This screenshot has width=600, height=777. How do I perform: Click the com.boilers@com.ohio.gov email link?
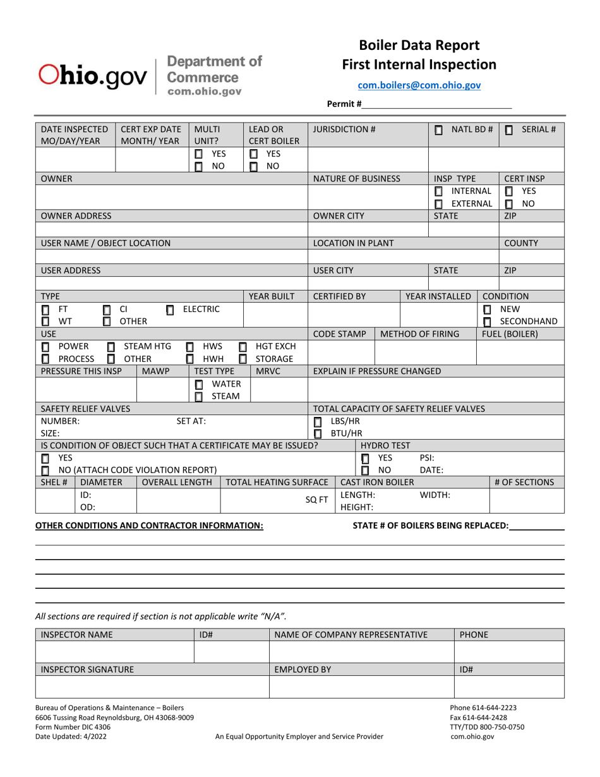(x=419, y=85)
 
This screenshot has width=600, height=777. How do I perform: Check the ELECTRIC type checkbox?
(x=170, y=310)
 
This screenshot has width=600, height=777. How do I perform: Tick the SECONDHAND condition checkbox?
(x=487, y=322)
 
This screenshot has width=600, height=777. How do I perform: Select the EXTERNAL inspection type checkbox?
(x=439, y=203)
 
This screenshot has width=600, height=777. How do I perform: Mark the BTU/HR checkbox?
(x=318, y=433)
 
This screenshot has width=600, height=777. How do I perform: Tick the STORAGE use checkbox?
(x=243, y=359)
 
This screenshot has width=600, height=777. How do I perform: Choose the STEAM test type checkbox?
(x=199, y=396)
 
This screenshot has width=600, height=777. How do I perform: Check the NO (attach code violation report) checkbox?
(x=45, y=471)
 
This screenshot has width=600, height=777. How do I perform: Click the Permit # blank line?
(x=436, y=104)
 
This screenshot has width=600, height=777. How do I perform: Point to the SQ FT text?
(x=321, y=500)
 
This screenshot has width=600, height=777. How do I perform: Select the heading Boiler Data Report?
(x=419, y=45)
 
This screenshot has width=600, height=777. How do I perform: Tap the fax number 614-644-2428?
(x=478, y=718)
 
